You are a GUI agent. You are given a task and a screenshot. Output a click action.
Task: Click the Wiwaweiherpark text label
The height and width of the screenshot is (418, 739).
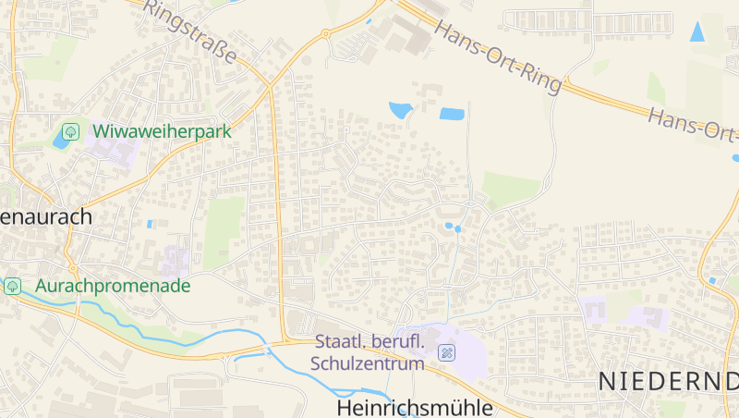(160, 131)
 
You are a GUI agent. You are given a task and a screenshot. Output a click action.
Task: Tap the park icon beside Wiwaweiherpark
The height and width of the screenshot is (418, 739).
(70, 131)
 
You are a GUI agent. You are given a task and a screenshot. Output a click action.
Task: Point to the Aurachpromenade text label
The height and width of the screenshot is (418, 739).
(113, 286)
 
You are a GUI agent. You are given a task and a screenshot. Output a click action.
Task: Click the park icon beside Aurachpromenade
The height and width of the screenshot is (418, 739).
(13, 286)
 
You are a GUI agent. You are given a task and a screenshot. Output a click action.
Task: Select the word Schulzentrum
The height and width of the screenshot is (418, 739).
(368, 363)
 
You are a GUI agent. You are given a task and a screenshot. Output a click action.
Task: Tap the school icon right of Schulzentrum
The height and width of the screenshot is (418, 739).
(447, 352)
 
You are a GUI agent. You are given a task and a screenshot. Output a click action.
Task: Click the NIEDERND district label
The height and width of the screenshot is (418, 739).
(668, 380)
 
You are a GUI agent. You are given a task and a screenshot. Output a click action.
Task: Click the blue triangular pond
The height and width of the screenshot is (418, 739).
(697, 31)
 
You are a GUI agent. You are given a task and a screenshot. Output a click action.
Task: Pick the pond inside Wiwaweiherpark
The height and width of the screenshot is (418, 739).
(64, 140)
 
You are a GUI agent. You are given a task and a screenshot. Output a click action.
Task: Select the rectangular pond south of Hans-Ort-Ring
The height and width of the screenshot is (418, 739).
(452, 115)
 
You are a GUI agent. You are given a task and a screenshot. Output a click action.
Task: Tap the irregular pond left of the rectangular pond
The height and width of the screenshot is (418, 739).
(401, 110)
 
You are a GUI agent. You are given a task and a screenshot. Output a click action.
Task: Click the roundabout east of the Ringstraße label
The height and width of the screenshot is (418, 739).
(325, 34)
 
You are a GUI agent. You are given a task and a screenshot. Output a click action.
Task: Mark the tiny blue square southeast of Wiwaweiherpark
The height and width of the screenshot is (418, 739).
(150, 224)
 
